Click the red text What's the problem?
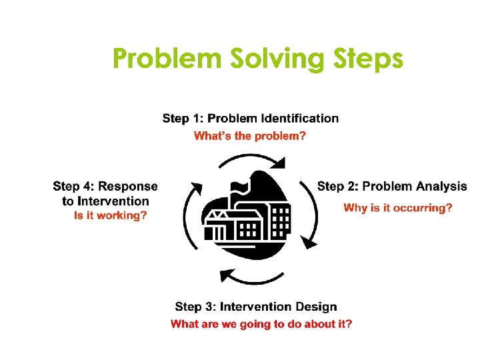click(250, 136)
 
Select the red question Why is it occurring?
click(397, 208)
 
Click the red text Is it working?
click(110, 215)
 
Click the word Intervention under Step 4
click(113, 201)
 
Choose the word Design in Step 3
click(314, 307)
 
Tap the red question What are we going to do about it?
click(261, 324)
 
